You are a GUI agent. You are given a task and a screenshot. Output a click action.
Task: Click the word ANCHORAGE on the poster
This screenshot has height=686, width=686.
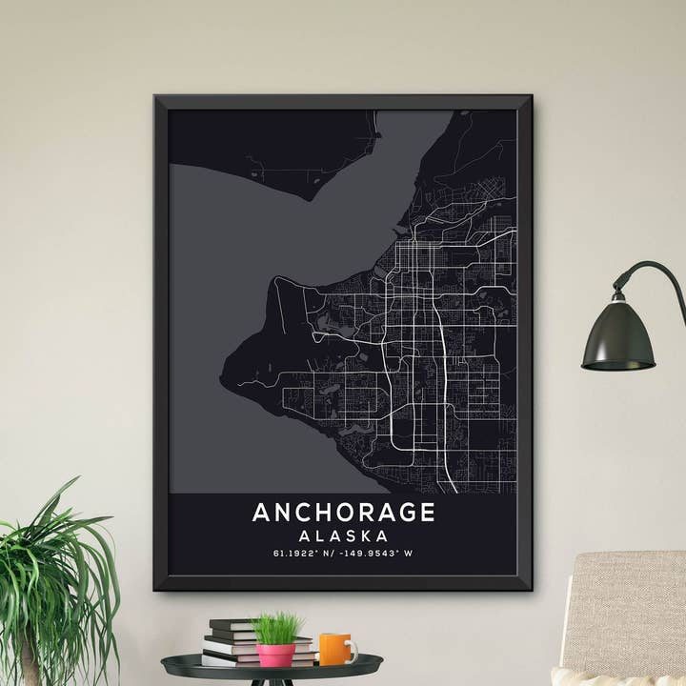pos(343,513)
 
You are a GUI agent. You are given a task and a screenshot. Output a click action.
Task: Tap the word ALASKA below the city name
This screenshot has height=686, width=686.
pos(343,535)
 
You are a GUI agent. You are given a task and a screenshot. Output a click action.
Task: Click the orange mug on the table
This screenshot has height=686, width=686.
pos(333,649)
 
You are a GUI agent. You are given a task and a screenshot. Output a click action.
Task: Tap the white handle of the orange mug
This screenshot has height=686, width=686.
pos(353,651)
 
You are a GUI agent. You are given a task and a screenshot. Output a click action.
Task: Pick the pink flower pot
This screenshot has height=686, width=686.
pos(276,655)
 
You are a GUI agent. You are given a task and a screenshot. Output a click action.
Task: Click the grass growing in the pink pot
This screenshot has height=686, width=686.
pos(274,629)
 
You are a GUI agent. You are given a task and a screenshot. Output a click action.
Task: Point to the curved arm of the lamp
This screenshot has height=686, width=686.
pos(657,272)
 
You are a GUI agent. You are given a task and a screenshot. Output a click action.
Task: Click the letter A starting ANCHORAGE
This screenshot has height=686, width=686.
pos(261,513)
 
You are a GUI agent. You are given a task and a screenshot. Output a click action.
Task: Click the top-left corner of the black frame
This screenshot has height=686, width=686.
pos(156,96)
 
